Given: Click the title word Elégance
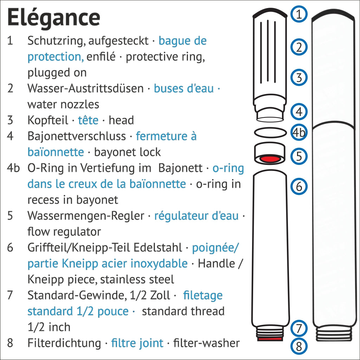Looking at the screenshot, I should pos(53,18).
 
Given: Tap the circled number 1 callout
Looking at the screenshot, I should pos(299,14).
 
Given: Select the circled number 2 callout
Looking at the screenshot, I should pos(299,47).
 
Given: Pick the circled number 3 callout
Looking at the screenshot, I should pos(299,77).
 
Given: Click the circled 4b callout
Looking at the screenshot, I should pos(299,133).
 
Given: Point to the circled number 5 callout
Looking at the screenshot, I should pos(299,156).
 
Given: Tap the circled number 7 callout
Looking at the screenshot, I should pos(299,329).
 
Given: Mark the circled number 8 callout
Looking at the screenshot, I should pos(299,346).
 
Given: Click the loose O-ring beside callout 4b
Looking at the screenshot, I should pos(270,133).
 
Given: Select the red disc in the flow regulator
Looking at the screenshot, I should pos(270,159).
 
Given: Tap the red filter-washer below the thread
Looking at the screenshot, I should pos(270,339).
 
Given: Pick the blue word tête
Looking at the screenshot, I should pos(88,120).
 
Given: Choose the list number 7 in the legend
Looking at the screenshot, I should pos(10,295).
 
